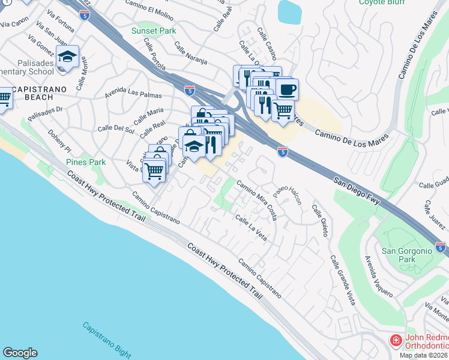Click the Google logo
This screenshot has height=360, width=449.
(20, 353)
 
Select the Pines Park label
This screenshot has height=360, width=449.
(86, 162)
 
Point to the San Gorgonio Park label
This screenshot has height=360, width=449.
(407, 255)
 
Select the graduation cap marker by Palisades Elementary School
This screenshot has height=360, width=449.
(68, 57)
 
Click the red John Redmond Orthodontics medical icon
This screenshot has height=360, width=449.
(396, 341)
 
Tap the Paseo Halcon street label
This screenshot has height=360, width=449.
(288, 194)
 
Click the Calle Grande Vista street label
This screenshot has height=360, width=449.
(342, 281)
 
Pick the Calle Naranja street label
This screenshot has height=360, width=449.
(191, 53)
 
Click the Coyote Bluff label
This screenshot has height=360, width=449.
(380, 2)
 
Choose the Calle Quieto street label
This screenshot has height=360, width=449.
(319, 220)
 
